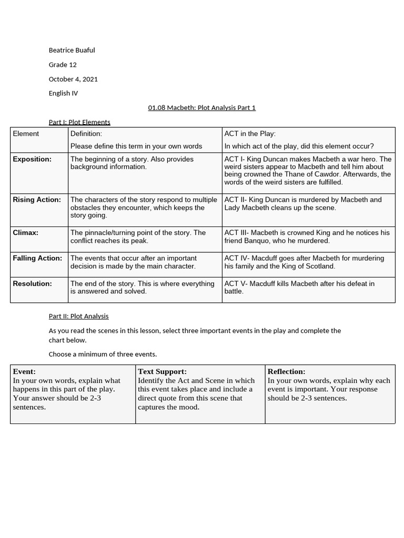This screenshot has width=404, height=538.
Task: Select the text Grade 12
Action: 63,65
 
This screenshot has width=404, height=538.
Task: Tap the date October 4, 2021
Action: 73,79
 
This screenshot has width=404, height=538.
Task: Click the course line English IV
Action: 63,93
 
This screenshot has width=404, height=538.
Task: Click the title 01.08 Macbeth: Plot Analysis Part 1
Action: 201,108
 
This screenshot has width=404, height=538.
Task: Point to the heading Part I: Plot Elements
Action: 79,122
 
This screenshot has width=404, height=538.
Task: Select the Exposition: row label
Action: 32,159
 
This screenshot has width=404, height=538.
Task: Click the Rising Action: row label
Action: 37,200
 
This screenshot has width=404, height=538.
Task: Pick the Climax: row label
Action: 25,232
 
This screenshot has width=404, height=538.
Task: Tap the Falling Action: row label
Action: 37,258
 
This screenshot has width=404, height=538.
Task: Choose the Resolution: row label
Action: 32,284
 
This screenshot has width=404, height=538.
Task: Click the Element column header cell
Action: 26,134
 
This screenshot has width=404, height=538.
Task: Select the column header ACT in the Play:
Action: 250,134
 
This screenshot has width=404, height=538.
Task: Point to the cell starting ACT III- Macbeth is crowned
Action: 307,236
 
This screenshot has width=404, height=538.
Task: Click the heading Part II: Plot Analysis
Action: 78,316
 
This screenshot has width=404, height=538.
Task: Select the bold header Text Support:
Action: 162,371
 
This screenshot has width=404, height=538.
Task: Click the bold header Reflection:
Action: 286,371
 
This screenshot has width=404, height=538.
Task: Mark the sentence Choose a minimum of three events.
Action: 103,354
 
